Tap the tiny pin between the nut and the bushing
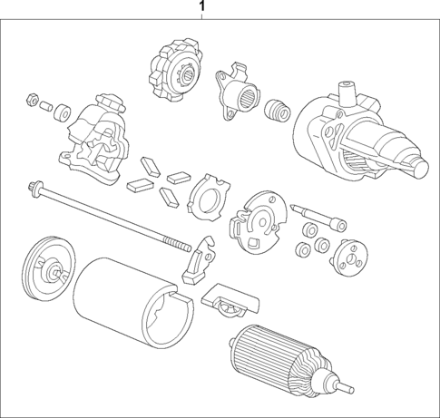click(x=45, y=106)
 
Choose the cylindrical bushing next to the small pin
click(x=64, y=114)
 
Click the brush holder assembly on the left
click(x=96, y=137)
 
